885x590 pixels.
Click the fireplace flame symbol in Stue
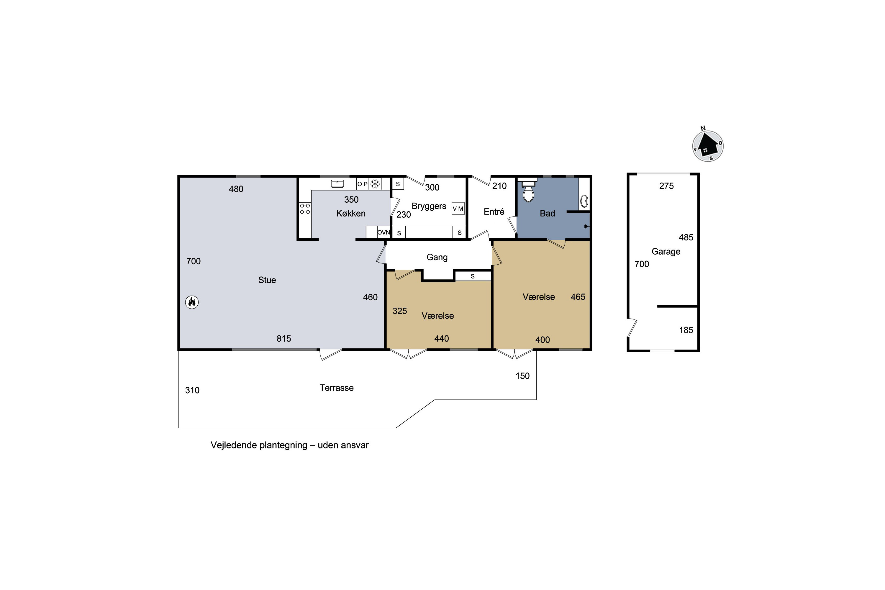coord(192,302)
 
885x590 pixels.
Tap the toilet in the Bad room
coord(529,192)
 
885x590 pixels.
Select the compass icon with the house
coord(708,145)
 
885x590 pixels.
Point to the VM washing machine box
coord(458,209)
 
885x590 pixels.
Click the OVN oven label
coord(383,232)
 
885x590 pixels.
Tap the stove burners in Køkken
coord(305,209)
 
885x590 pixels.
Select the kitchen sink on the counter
coord(337,183)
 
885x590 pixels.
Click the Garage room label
coord(666,252)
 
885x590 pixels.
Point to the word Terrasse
coord(336,388)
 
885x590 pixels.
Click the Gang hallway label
coord(437,257)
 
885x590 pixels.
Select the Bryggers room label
coord(429,206)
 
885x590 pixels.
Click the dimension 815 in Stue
coord(284,339)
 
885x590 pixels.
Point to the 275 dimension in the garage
coord(666,186)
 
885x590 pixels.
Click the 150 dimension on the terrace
coord(522,376)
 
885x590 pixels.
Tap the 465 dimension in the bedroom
coord(578,297)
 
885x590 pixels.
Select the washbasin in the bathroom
coord(584,201)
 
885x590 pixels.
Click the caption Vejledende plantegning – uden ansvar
coord(289,445)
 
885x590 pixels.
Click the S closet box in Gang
coord(473,276)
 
